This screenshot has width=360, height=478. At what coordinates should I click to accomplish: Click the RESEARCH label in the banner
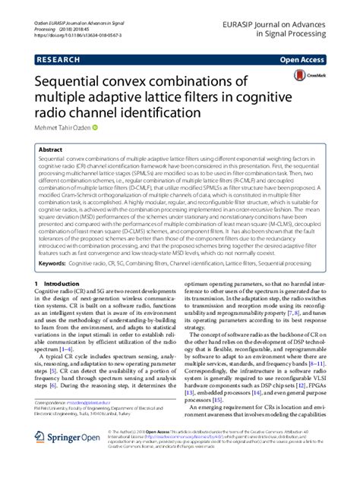coord(56,57)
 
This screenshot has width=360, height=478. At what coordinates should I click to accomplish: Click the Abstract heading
coord(52,150)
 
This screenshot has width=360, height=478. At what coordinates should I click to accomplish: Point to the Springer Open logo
coord(68,458)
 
